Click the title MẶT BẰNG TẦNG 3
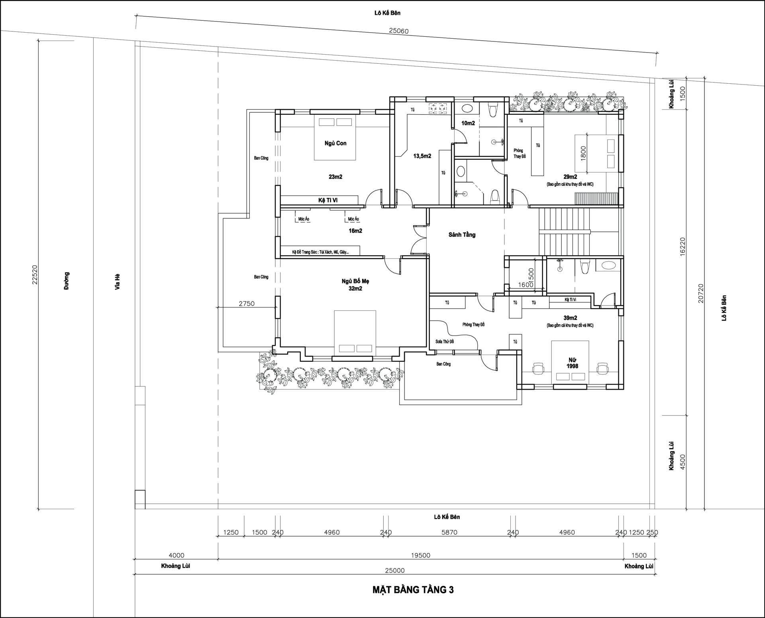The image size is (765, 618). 413,590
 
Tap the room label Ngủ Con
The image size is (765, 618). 335,143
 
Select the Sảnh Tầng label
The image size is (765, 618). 462,235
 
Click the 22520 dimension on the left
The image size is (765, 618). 35,275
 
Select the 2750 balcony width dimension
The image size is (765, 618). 247,304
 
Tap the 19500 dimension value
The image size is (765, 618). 421,555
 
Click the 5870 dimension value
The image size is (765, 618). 449,532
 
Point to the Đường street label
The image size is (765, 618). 67,281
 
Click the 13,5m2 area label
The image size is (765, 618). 422,156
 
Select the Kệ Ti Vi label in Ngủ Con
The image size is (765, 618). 328,200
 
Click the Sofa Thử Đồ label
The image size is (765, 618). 445,341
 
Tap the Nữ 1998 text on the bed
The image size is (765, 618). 572,363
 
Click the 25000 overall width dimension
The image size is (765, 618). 395,571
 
